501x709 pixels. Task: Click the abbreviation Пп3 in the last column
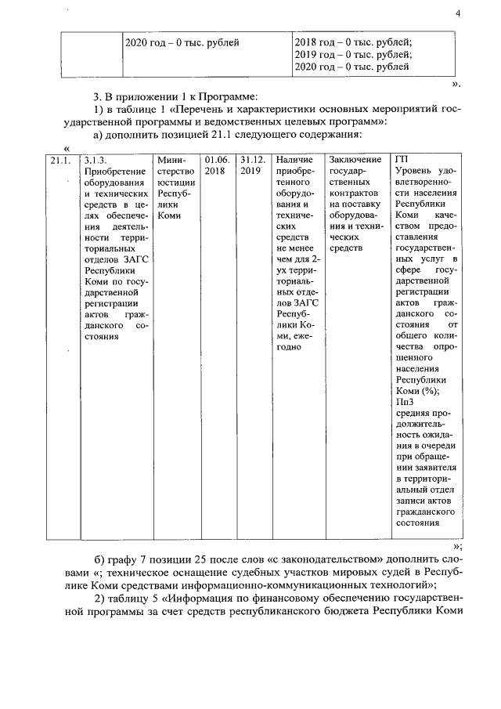[x=405, y=402]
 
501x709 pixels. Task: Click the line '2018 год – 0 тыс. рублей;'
[x=353, y=42]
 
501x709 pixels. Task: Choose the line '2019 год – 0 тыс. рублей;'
[x=353, y=55]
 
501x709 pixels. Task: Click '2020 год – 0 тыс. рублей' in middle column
[x=182, y=42]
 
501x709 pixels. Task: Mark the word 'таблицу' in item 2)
[x=127, y=599]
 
